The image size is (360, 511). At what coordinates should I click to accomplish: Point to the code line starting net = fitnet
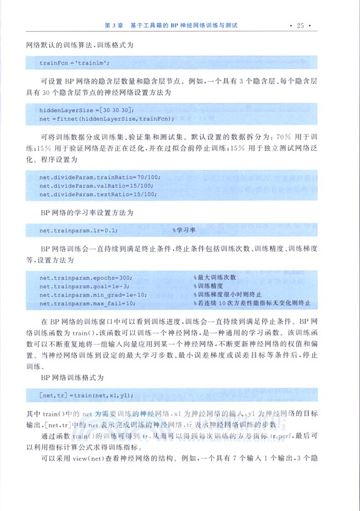107,119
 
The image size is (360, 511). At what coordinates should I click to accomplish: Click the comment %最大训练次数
215,277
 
